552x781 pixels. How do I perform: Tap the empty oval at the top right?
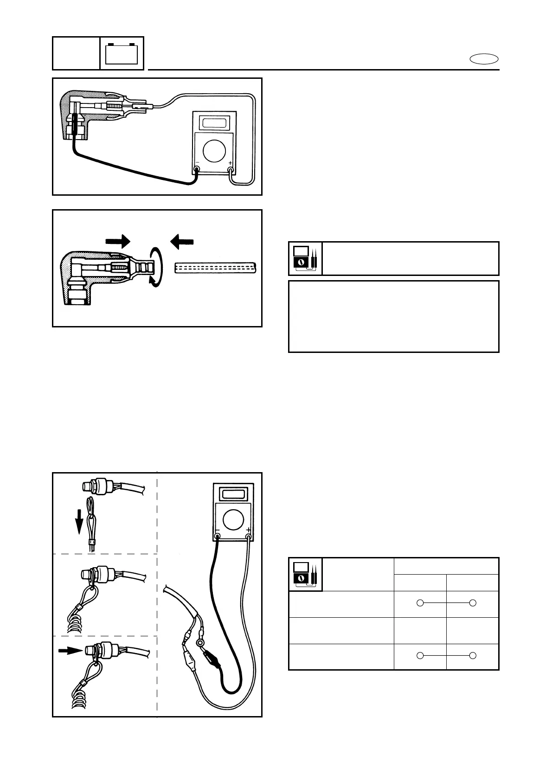pyautogui.click(x=484, y=59)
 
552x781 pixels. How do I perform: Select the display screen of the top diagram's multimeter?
pyautogui.click(x=215, y=122)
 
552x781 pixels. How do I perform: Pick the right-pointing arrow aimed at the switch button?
pyautogui.click(x=71, y=651)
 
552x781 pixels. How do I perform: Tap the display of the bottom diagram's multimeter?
pyautogui.click(x=233, y=493)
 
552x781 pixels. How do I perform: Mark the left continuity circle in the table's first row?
pyautogui.click(x=420, y=603)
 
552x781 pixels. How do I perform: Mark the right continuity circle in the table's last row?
pyautogui.click(x=473, y=655)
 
